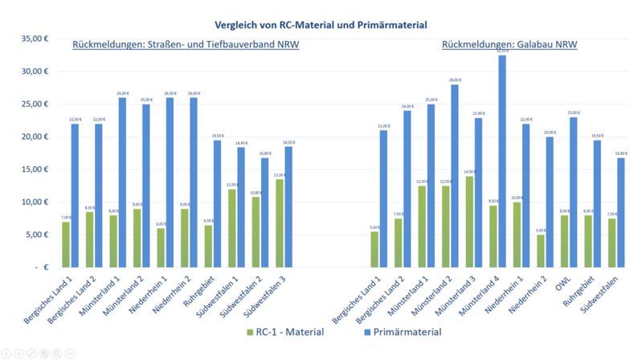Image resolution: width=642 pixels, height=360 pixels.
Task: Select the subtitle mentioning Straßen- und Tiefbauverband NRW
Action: (x=186, y=44)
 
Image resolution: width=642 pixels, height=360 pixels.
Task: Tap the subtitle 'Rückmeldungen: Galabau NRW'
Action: (x=509, y=44)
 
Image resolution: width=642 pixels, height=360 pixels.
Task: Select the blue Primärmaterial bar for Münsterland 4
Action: (x=501, y=161)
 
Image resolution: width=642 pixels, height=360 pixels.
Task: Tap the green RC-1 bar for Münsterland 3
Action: (x=468, y=222)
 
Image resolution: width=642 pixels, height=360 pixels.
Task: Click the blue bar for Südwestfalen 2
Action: (x=264, y=212)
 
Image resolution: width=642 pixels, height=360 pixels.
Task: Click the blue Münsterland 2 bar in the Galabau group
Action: (x=454, y=176)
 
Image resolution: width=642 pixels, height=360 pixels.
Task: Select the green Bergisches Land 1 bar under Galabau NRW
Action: (x=374, y=249)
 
